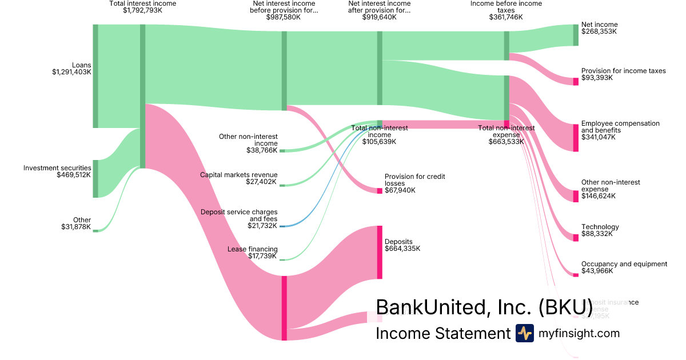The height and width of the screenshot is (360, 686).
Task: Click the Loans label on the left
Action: pos(81,65)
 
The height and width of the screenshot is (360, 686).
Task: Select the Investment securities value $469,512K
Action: pos(74,175)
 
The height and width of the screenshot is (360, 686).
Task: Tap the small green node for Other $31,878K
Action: pos(95,230)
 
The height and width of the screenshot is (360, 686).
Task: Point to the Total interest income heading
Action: pos(142,3)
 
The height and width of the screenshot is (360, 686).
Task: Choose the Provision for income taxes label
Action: pos(623,71)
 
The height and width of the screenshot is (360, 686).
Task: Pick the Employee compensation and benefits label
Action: pos(620,127)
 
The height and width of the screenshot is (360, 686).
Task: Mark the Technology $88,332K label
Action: pos(600,230)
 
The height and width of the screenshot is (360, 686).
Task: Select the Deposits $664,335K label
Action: pos(402,245)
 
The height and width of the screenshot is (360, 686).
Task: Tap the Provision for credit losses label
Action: pos(414,180)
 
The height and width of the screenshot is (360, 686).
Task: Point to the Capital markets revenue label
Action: pos(238,175)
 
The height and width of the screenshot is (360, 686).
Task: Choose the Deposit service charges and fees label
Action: pos(239,215)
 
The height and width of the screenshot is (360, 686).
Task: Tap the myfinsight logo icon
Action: pos(524,333)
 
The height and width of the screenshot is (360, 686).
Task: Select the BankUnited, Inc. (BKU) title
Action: pos(484,307)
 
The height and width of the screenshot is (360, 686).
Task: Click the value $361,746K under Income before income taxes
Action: pos(506,17)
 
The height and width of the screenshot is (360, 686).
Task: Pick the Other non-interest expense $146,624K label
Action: pos(610,189)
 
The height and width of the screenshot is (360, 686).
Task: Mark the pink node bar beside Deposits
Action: pos(379,252)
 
